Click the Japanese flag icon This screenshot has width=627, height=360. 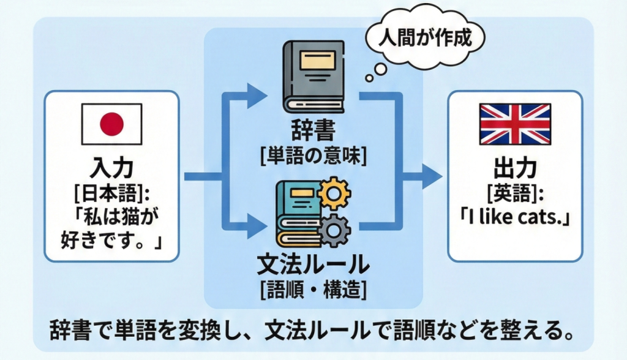[111, 124]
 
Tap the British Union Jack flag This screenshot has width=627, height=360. [514, 124]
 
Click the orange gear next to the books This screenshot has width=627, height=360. [336, 194]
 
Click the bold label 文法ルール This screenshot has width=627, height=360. [313, 265]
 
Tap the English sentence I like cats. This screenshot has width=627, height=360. [514, 218]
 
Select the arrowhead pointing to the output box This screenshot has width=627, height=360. [432, 178]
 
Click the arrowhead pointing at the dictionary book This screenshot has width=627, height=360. [258, 94]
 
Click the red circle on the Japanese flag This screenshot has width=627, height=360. [111, 125]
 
